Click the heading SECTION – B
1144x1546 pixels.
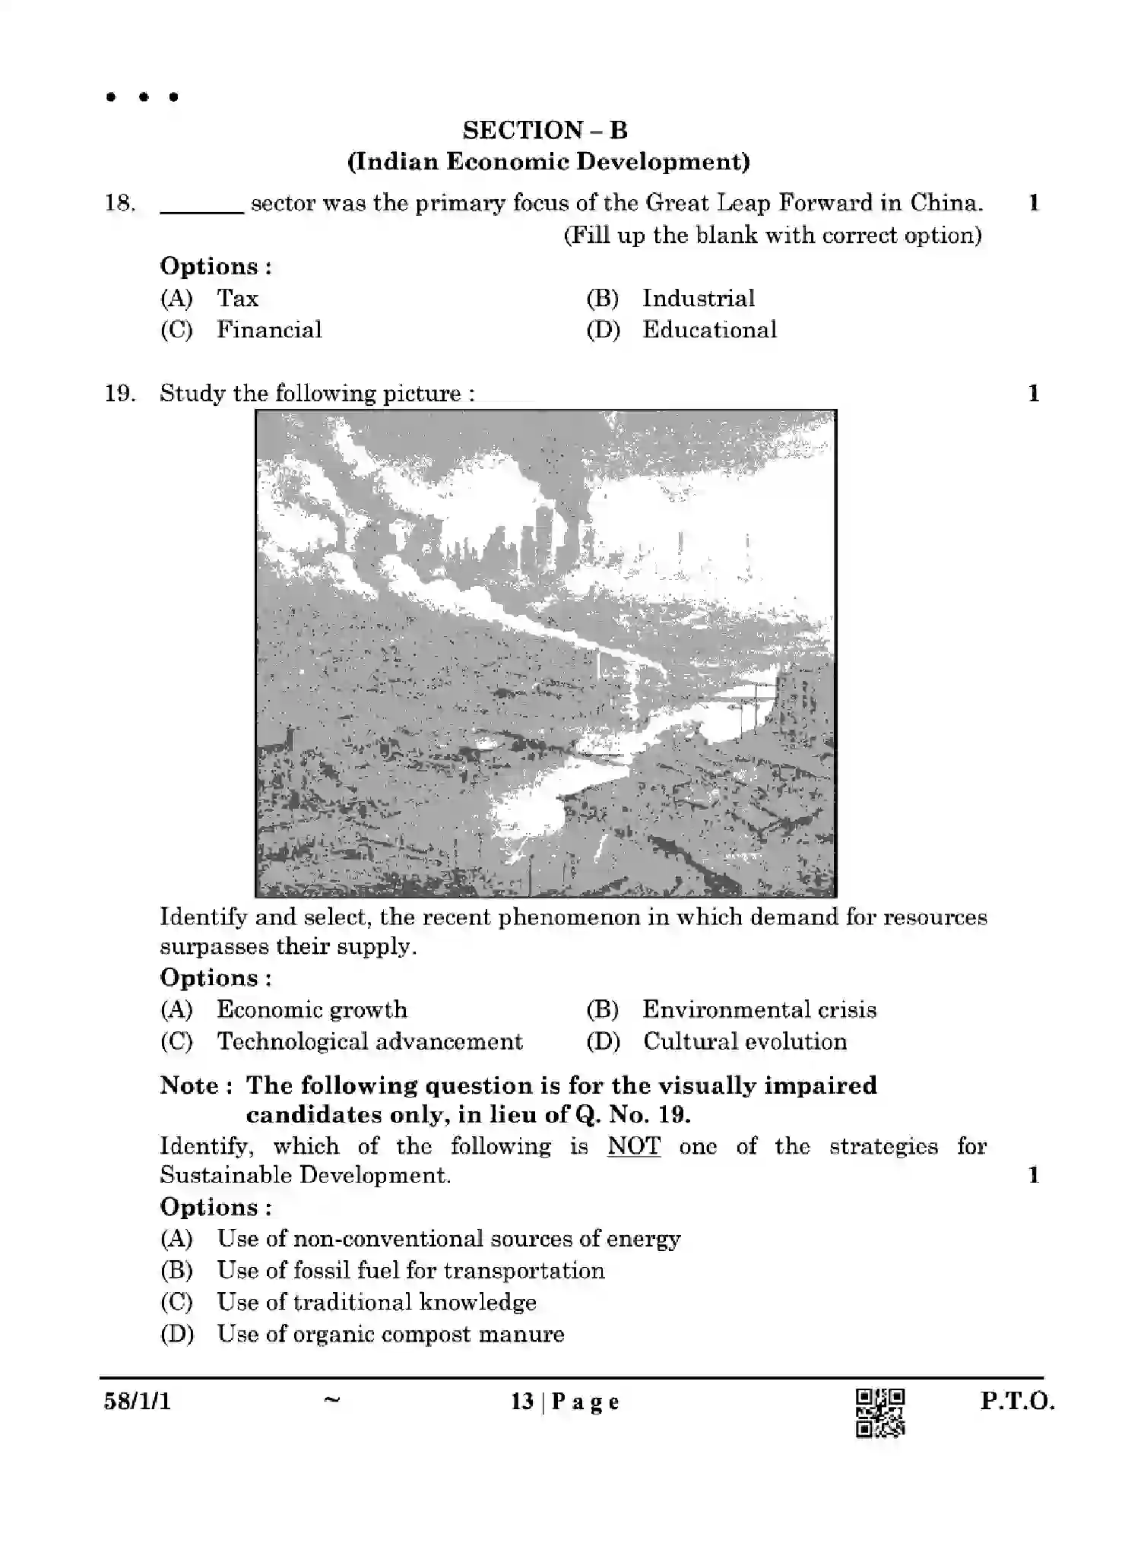(545, 130)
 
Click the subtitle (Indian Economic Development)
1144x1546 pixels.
(548, 162)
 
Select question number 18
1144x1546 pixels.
(120, 203)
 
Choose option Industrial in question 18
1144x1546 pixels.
(698, 298)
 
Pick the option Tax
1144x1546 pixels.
(237, 298)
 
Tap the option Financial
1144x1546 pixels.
(269, 330)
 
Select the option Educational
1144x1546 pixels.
(709, 330)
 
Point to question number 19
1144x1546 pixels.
(120, 394)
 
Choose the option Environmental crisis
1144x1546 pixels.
(759, 1009)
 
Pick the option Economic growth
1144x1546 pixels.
(312, 1009)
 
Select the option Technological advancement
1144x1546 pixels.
(369, 1041)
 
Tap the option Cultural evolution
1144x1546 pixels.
(744, 1041)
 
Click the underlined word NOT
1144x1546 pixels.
(633, 1146)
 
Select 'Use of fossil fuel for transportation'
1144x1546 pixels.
(410, 1270)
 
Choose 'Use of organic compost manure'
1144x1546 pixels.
(390, 1334)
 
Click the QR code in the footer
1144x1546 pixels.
(880, 1413)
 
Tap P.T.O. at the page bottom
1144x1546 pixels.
(1017, 1401)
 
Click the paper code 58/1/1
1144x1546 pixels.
(138, 1401)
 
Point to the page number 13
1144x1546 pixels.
(522, 1402)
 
